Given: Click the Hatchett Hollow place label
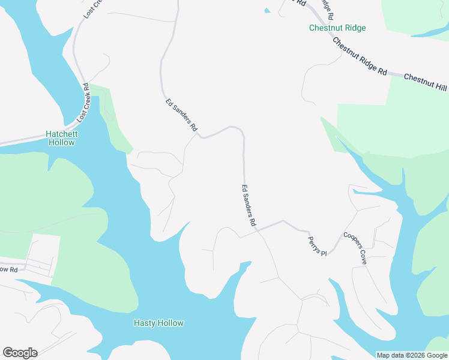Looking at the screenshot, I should [x=61, y=138].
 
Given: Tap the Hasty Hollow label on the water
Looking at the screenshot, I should [x=158, y=323].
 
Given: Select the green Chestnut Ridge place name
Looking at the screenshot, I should [x=337, y=28].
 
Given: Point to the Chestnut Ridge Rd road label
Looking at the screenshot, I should [x=360, y=56].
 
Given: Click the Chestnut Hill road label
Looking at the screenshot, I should [x=426, y=83].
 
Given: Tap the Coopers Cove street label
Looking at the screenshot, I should [x=354, y=249].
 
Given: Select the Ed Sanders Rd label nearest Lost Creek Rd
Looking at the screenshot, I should [x=181, y=115].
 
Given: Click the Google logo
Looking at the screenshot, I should [x=20, y=352].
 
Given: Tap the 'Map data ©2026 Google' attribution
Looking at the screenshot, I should [x=412, y=355].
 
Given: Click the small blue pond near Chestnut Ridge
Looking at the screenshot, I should [x=267, y=10].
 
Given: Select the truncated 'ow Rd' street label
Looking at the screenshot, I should [x=9, y=269].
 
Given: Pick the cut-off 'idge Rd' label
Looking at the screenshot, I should [x=327, y=5].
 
